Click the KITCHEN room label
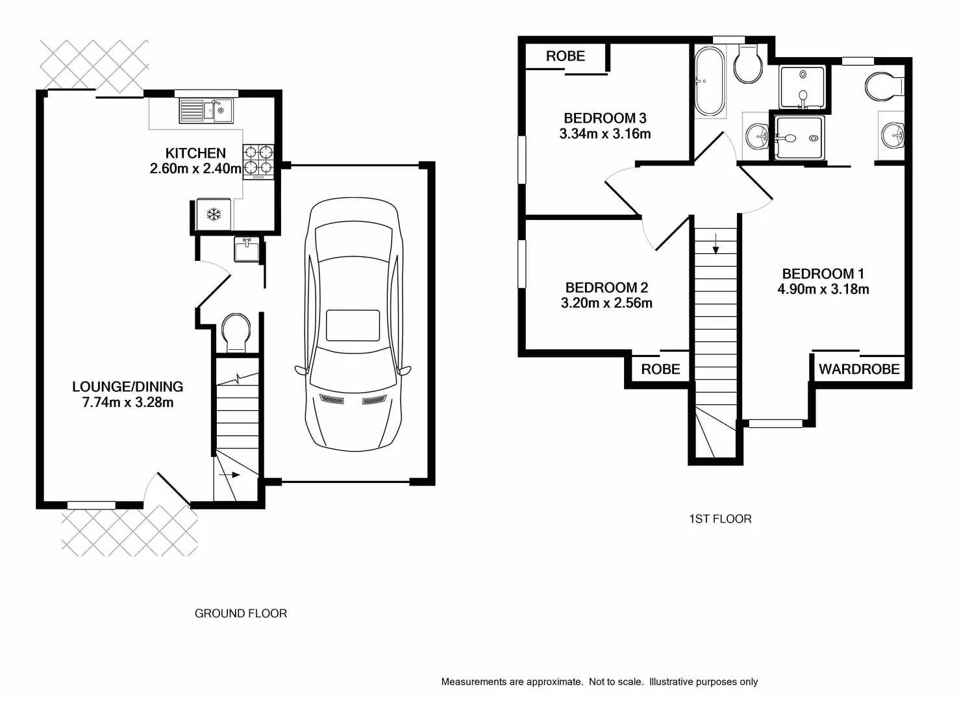195,153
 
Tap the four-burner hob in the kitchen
258,160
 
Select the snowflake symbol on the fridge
214,214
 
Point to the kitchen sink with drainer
206,110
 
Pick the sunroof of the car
353,325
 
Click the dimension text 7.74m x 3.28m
128,402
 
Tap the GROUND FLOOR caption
241,613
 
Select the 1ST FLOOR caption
720,519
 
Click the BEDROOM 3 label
604,118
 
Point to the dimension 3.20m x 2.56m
606,303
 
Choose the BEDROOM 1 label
823,274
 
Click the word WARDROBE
859,369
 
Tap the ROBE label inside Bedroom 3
565,56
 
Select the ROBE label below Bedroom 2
660,369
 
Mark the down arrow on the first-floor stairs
716,244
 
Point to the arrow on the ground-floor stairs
230,475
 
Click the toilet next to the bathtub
749,65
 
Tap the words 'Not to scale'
616,682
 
